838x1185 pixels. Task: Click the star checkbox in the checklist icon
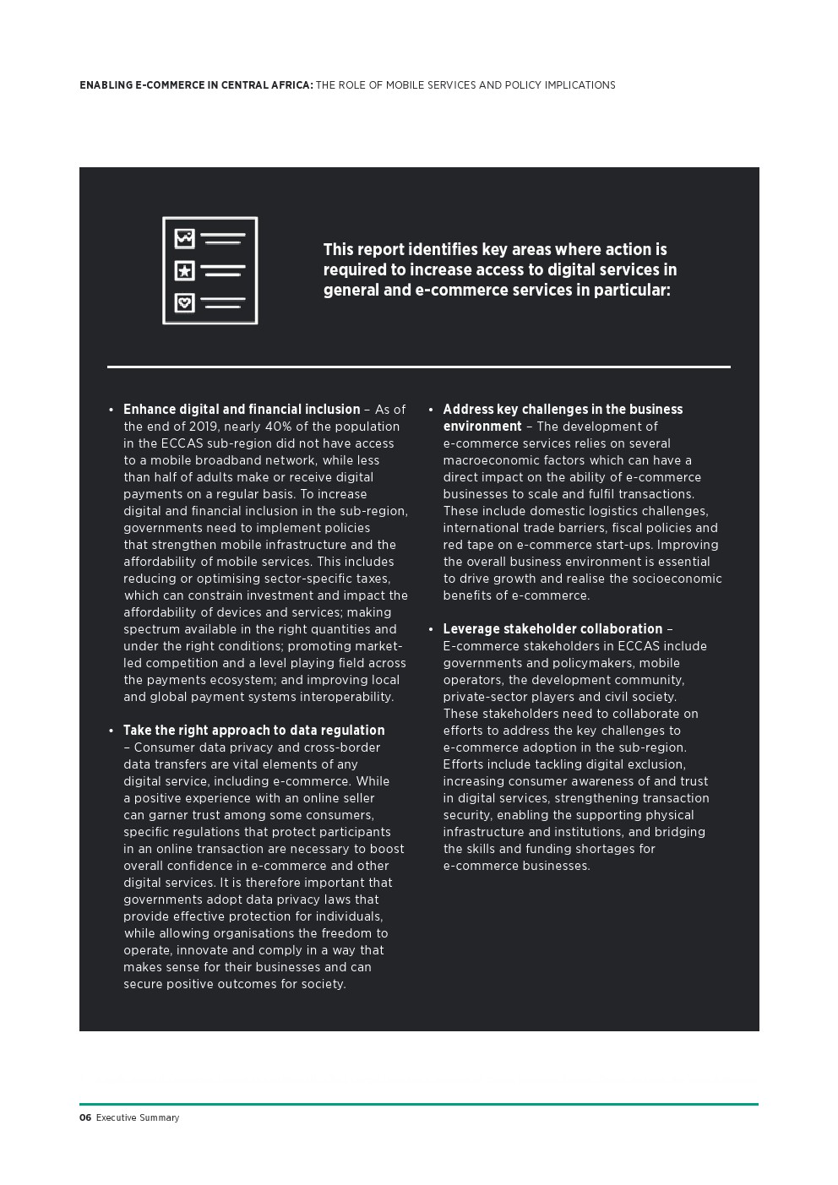click(x=184, y=271)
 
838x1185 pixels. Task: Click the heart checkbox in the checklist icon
click(x=184, y=302)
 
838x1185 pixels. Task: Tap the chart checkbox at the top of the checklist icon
click(x=184, y=239)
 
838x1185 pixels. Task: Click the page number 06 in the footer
click(x=84, y=1117)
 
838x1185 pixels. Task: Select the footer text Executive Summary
click(x=137, y=1117)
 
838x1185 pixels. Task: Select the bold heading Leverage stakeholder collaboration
click(x=552, y=629)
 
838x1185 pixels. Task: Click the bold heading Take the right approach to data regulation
click(x=253, y=731)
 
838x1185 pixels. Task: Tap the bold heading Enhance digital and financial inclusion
click(x=242, y=410)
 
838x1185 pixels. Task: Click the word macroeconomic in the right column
click(x=487, y=460)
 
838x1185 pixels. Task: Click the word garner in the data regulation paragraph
click(x=170, y=815)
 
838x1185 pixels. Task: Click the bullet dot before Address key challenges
click(x=431, y=410)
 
